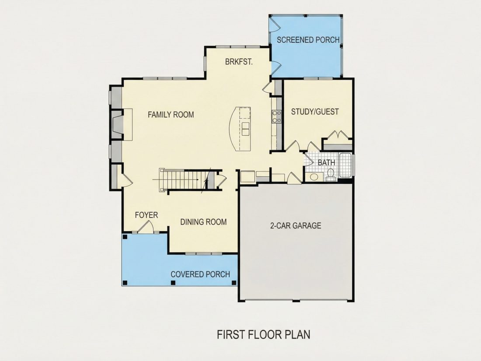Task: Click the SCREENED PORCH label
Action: [x=308, y=40]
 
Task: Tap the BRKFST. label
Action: [x=239, y=62]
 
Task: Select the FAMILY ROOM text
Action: [x=171, y=115]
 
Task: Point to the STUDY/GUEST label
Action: [x=315, y=112]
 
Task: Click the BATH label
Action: [x=326, y=162]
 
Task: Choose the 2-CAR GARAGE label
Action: [x=296, y=226]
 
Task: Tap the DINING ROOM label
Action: [x=203, y=222]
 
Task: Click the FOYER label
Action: [x=146, y=215]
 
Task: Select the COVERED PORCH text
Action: [x=200, y=274]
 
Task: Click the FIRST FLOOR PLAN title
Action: [x=264, y=334]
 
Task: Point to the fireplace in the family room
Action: [x=122, y=124]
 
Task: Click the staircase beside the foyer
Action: [x=184, y=180]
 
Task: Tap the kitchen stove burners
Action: [x=277, y=117]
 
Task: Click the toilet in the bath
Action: [x=331, y=174]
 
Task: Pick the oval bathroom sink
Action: [x=314, y=177]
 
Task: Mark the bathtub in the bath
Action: [x=345, y=165]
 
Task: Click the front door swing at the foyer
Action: [x=146, y=227]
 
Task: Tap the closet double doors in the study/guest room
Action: [x=338, y=135]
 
